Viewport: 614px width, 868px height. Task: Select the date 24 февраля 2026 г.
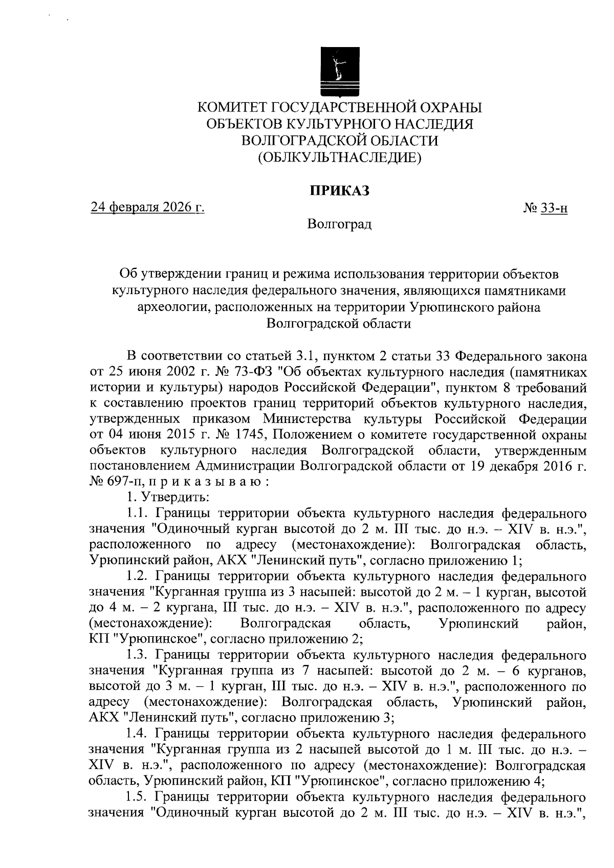point(147,208)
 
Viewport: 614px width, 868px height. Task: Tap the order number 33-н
point(554,209)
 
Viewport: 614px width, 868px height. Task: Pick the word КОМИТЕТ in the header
point(231,108)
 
